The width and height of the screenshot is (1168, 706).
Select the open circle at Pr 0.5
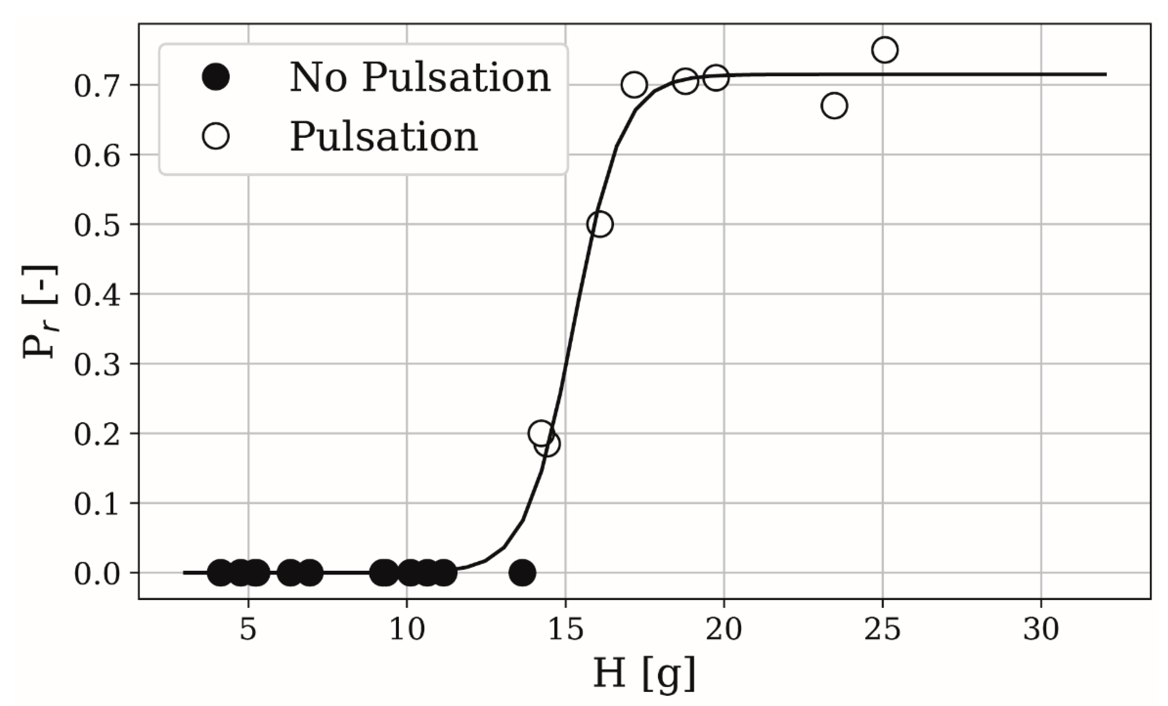tap(600, 224)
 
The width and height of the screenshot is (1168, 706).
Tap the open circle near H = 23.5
tap(834, 105)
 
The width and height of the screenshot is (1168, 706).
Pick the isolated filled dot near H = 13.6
tap(522, 572)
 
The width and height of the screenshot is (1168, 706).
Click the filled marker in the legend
tap(216, 77)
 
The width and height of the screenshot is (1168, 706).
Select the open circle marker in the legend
tap(216, 136)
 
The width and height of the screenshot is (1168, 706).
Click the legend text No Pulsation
tap(420, 77)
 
